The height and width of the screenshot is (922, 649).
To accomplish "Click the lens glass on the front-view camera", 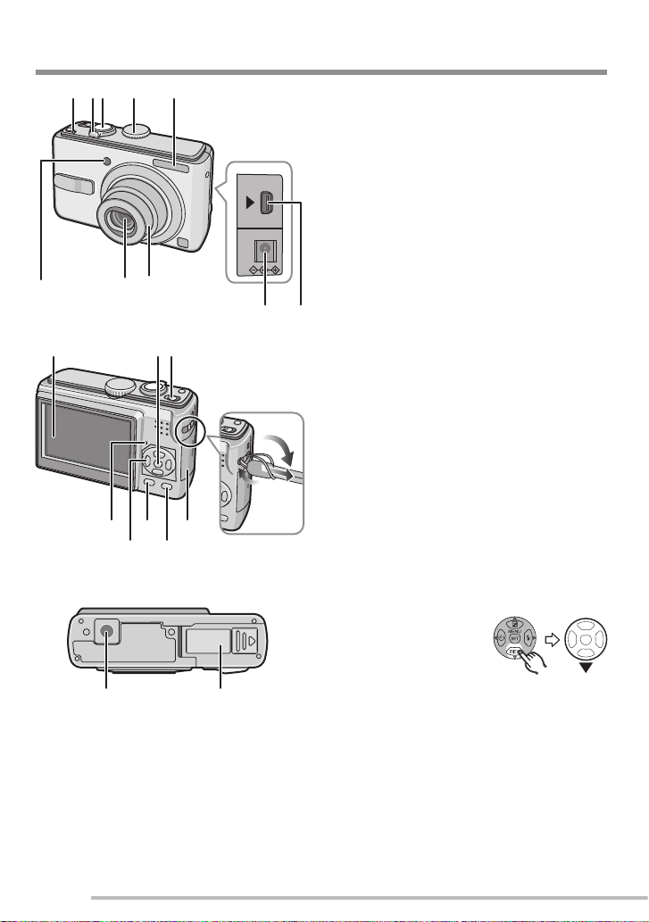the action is [x=123, y=221].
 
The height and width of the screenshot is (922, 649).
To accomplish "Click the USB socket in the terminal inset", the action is [x=267, y=204].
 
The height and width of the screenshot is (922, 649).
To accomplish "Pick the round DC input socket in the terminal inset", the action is [x=265, y=248].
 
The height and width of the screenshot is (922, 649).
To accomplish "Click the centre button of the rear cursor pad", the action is [x=157, y=462].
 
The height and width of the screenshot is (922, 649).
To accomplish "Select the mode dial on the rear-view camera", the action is [x=118, y=387].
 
